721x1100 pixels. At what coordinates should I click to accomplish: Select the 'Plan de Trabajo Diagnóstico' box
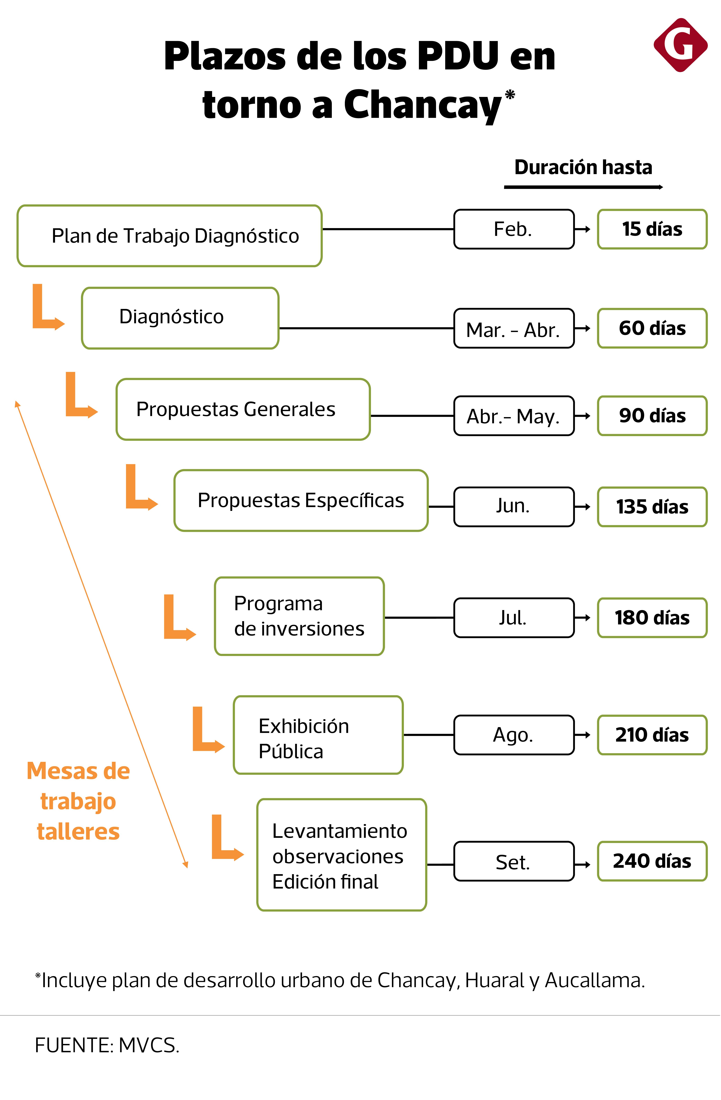tap(170, 236)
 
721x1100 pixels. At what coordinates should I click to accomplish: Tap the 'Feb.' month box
tap(514, 229)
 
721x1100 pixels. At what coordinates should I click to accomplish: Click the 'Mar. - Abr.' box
tap(514, 329)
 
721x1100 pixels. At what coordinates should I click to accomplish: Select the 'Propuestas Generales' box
tap(243, 409)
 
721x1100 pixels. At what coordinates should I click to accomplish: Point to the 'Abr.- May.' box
tap(514, 416)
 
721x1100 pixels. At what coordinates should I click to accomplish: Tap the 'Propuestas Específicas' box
tap(301, 501)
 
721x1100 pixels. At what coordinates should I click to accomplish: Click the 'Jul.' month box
tap(514, 618)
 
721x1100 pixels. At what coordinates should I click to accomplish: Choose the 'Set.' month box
tap(514, 862)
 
